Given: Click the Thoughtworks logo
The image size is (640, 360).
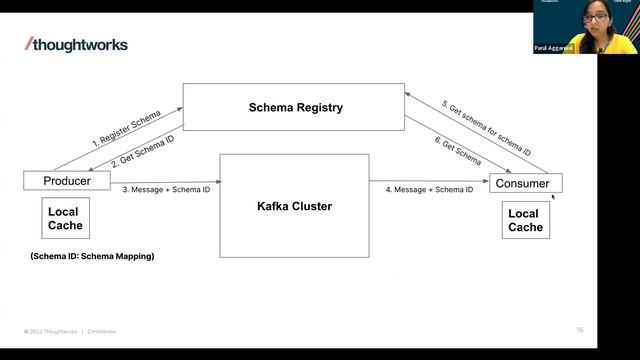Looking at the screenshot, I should pyautogui.click(x=76, y=44).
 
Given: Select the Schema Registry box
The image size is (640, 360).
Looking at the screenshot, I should pyautogui.click(x=294, y=107).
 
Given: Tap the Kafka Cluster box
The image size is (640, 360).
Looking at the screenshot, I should pyautogui.click(x=294, y=206).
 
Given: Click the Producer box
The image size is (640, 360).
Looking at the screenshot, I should pyautogui.click(x=66, y=181).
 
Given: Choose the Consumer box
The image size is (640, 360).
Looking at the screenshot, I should pyautogui.click(x=525, y=183).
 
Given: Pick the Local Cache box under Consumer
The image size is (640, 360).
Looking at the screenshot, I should pyautogui.click(x=525, y=220).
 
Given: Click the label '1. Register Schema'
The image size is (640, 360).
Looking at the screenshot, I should pyautogui.click(x=126, y=128).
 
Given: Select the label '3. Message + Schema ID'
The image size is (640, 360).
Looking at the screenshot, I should pyautogui.click(x=167, y=189).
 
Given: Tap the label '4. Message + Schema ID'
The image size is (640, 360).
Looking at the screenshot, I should pyautogui.click(x=429, y=189).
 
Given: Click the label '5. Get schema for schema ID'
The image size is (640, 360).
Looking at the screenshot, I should pyautogui.click(x=488, y=128).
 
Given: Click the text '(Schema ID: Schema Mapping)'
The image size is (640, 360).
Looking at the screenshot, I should pyautogui.click(x=93, y=257).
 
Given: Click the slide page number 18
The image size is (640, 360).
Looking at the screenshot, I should pyautogui.click(x=579, y=329).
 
